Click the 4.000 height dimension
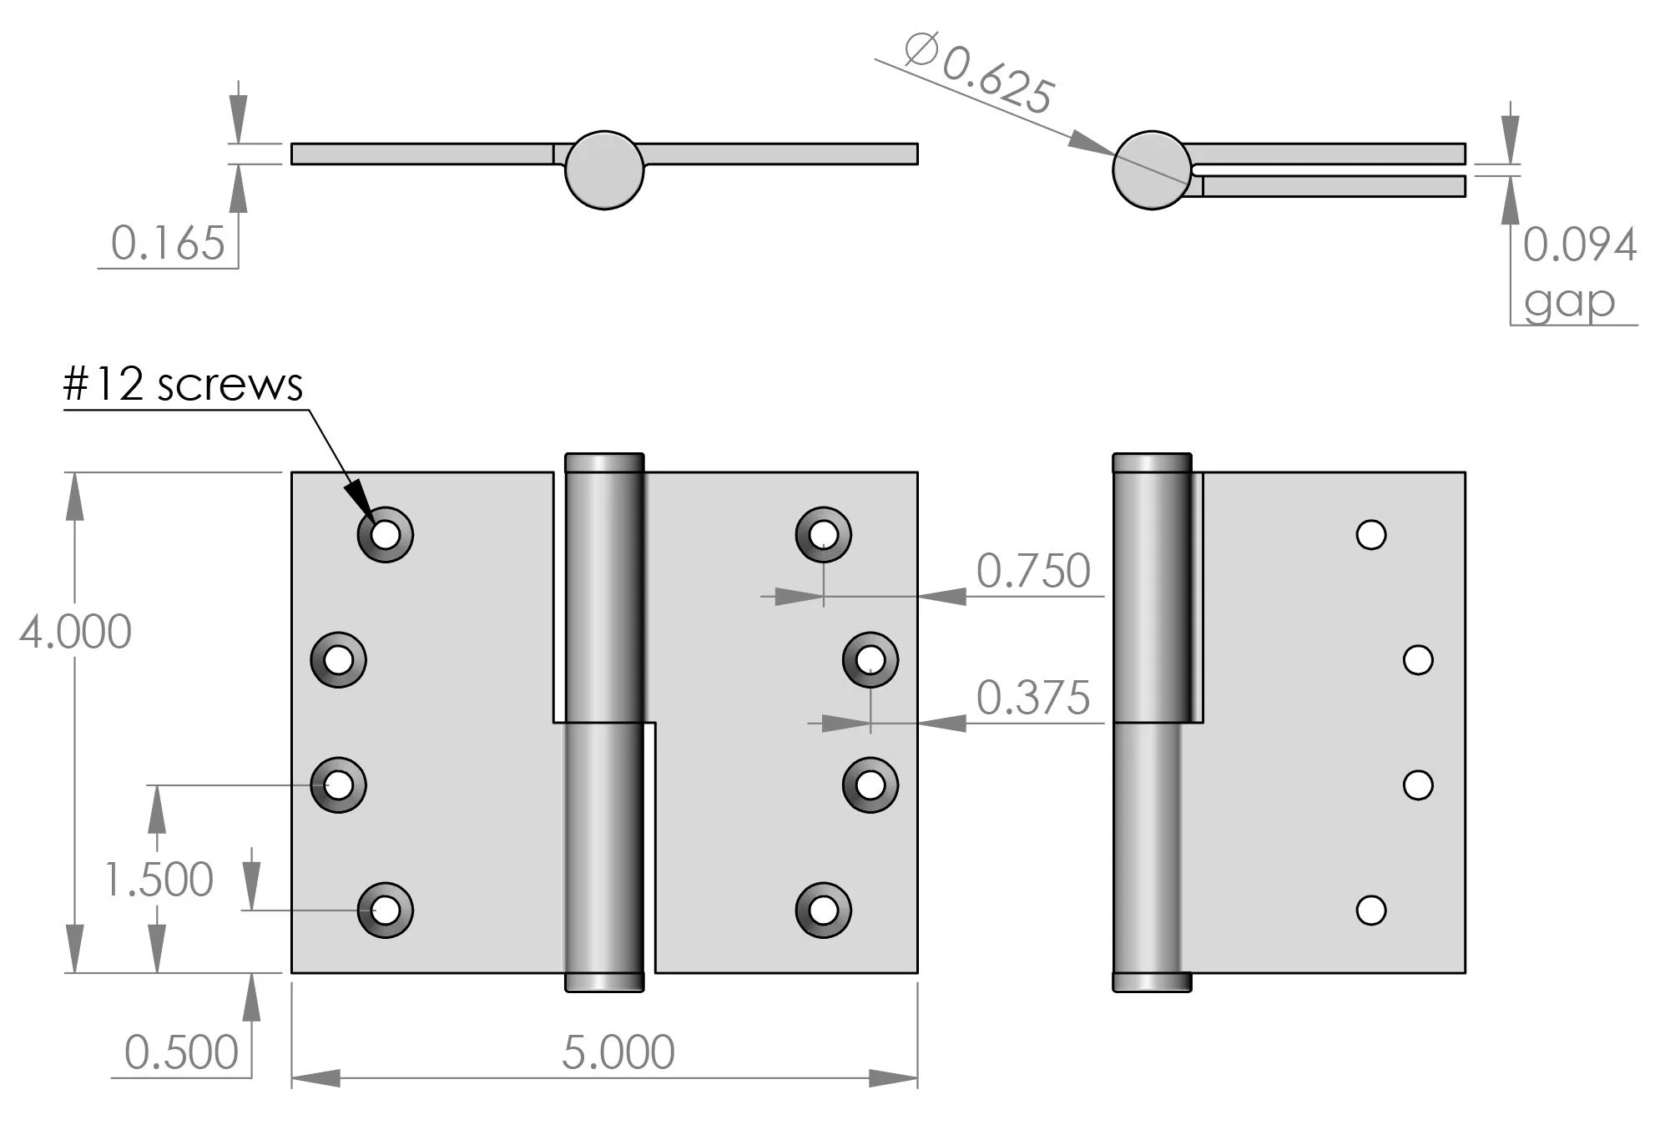[x=75, y=632]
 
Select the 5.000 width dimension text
[x=618, y=1052]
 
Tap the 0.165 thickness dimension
[x=168, y=244]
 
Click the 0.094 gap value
[x=1578, y=245]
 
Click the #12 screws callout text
[x=183, y=385]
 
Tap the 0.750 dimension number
[x=1032, y=572]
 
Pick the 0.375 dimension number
[x=1032, y=698]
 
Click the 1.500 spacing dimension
[x=159, y=880]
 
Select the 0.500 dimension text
[x=181, y=1052]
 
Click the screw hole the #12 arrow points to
[x=385, y=534]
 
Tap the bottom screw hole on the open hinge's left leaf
[x=385, y=910]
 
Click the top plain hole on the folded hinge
[x=1370, y=534]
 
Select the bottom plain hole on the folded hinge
[x=1370, y=910]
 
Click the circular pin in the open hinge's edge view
[x=604, y=169]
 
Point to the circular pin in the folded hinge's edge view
[x=1152, y=169]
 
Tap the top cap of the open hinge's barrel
[x=604, y=462]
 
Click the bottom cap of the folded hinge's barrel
[x=1152, y=982]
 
